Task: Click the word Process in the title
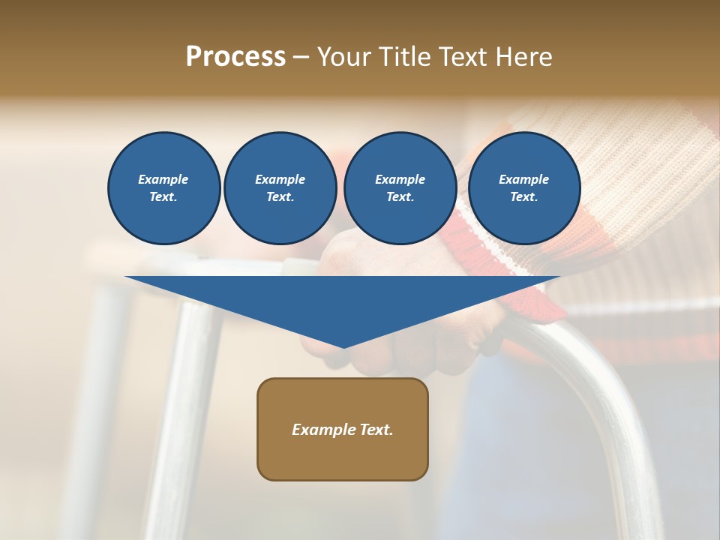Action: pos(235,57)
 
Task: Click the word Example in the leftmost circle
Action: pos(163,179)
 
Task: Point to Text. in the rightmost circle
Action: pos(524,197)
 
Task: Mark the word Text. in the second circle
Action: pos(280,197)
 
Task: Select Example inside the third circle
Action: pos(400,179)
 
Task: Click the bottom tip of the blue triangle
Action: pos(343,346)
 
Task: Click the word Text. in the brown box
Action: pos(376,430)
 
